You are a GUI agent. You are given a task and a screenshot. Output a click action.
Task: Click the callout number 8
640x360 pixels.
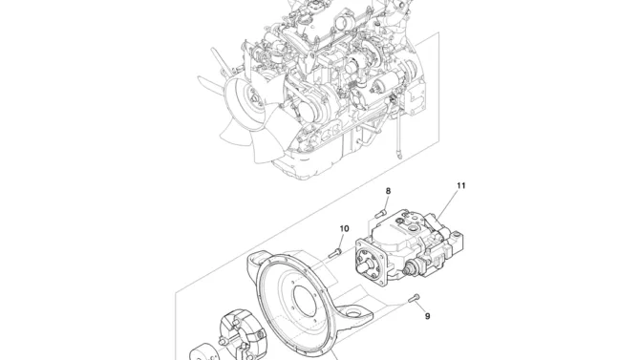(388, 191)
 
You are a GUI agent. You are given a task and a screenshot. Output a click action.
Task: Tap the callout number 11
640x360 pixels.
(460, 185)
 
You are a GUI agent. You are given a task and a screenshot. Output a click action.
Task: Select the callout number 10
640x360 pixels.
(344, 228)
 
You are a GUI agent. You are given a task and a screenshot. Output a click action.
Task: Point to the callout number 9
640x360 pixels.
(427, 316)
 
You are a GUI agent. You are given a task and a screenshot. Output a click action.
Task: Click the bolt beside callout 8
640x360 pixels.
(381, 212)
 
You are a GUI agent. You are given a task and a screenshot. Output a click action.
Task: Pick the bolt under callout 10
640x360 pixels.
(334, 253)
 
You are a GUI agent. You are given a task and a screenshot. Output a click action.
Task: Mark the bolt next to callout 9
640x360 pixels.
(414, 298)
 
